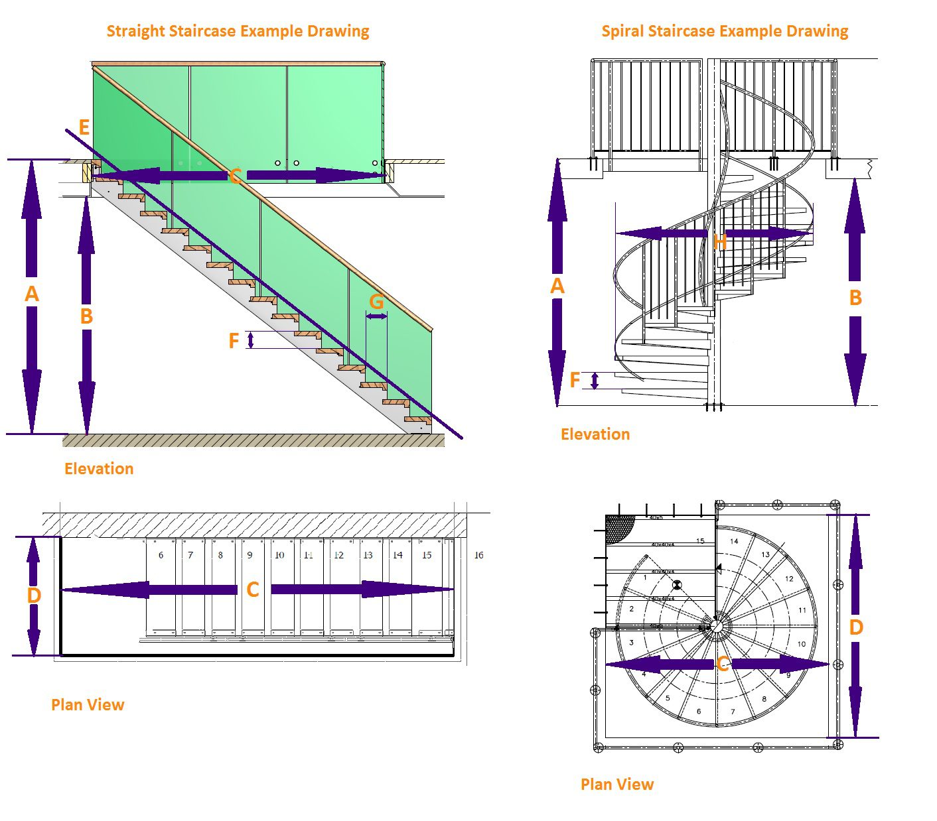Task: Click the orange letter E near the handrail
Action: point(84,127)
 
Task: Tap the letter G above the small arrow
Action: point(376,302)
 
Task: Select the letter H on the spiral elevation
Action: point(720,243)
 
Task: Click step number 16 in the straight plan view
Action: point(478,555)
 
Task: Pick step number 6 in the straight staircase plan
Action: point(161,555)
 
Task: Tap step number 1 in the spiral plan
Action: point(644,578)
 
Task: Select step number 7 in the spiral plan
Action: point(733,712)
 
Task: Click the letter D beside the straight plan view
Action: point(34,595)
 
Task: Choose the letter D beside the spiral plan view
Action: point(856,627)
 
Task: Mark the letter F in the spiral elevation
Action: point(575,380)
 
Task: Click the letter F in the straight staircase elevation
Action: point(234,341)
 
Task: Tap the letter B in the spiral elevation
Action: point(855,298)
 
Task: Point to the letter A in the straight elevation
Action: point(31,294)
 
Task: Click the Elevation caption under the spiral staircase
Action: point(595,434)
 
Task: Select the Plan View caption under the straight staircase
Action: point(88,704)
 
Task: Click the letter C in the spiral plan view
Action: point(723,664)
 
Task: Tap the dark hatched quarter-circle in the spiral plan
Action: point(618,529)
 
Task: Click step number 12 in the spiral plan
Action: point(789,579)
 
